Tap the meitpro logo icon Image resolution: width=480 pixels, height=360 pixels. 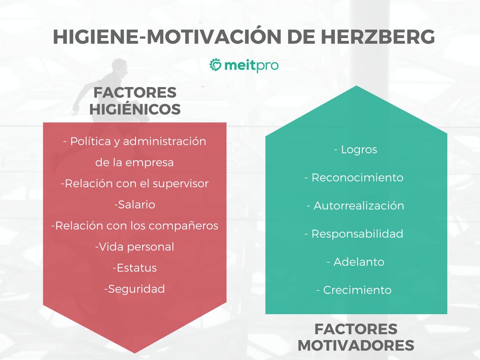click(216, 65)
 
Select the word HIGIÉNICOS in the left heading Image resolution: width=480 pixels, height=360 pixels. click(135, 109)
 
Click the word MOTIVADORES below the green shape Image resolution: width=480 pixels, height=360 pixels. click(356, 345)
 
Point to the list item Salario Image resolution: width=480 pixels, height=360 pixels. click(135, 205)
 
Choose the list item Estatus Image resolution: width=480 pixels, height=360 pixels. click(135, 268)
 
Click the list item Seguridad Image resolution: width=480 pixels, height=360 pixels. click(135, 289)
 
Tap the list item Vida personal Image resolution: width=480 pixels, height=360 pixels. click(135, 247)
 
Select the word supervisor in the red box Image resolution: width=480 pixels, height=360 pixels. click(181, 184)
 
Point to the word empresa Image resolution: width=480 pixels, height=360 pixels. click(150, 163)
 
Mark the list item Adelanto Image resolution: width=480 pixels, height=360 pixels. click(356, 262)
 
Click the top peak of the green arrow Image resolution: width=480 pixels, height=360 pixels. click(357, 87)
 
